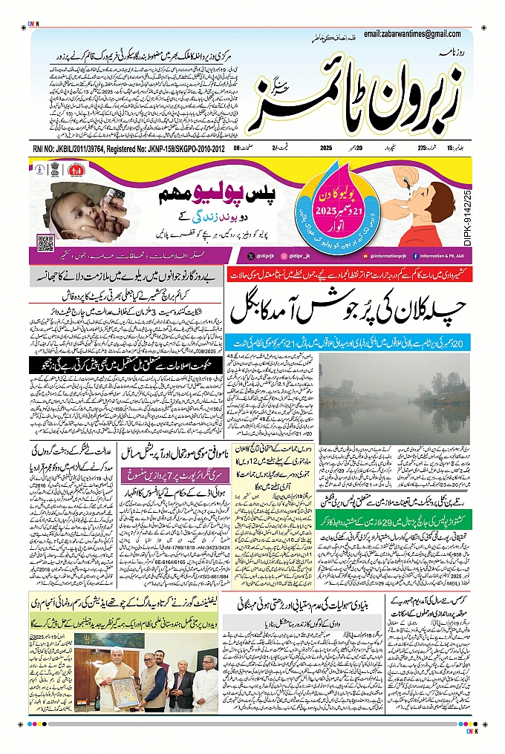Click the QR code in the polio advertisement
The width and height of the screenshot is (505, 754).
[x=46, y=242]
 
